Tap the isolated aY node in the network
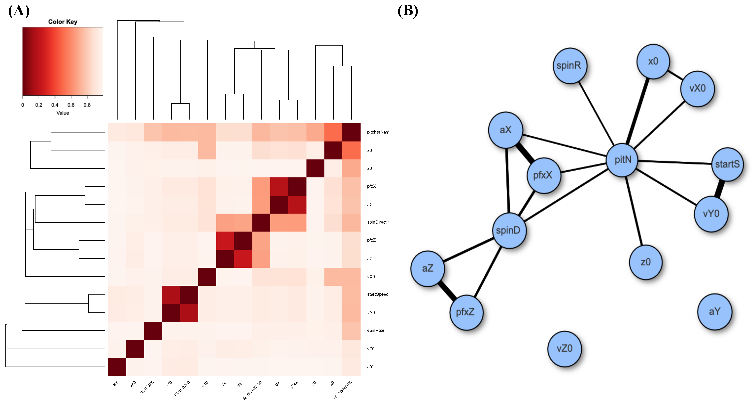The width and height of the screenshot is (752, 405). pos(714,312)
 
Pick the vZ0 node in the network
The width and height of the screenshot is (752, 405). pos(564,349)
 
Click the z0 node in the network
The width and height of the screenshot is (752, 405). pos(646,262)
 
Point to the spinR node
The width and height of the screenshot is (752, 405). pos(569,65)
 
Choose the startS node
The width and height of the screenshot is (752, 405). pos(727,164)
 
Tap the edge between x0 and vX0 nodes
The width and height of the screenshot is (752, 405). pos(675,75)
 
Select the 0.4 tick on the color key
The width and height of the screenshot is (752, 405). pos(55,105)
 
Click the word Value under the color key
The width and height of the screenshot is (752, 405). pos(63,113)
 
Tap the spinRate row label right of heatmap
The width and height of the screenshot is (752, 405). pos(376,330)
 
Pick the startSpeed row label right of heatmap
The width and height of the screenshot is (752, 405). pos(378,294)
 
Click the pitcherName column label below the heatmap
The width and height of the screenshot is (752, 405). pos(343,390)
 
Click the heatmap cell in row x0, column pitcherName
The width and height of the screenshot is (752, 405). pos(352,150)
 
